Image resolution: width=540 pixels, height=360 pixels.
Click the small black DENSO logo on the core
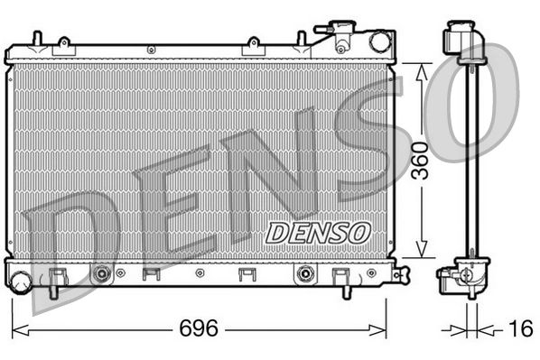click(x=318, y=232)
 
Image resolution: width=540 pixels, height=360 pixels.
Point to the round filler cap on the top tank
click(x=378, y=41)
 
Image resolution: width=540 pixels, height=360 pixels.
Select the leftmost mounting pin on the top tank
click(x=36, y=39)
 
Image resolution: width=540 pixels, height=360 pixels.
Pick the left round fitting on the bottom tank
click(x=102, y=272)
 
